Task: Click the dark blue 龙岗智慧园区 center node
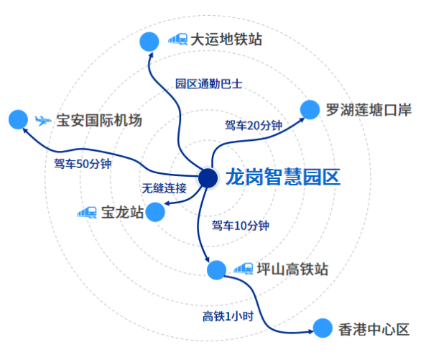[x=208, y=177]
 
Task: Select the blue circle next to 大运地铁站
[x=149, y=42]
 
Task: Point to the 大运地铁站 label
[x=226, y=40]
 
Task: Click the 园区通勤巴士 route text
[x=209, y=83]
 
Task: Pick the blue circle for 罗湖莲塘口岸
[x=310, y=110]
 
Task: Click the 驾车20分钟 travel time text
[x=252, y=126]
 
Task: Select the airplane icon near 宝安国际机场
[x=44, y=119]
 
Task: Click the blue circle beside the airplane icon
[x=18, y=119]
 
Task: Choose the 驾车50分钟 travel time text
[x=83, y=162]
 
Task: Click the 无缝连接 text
[x=164, y=189]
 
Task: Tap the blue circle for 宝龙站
[x=154, y=212]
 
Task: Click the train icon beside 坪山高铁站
[x=243, y=269]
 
